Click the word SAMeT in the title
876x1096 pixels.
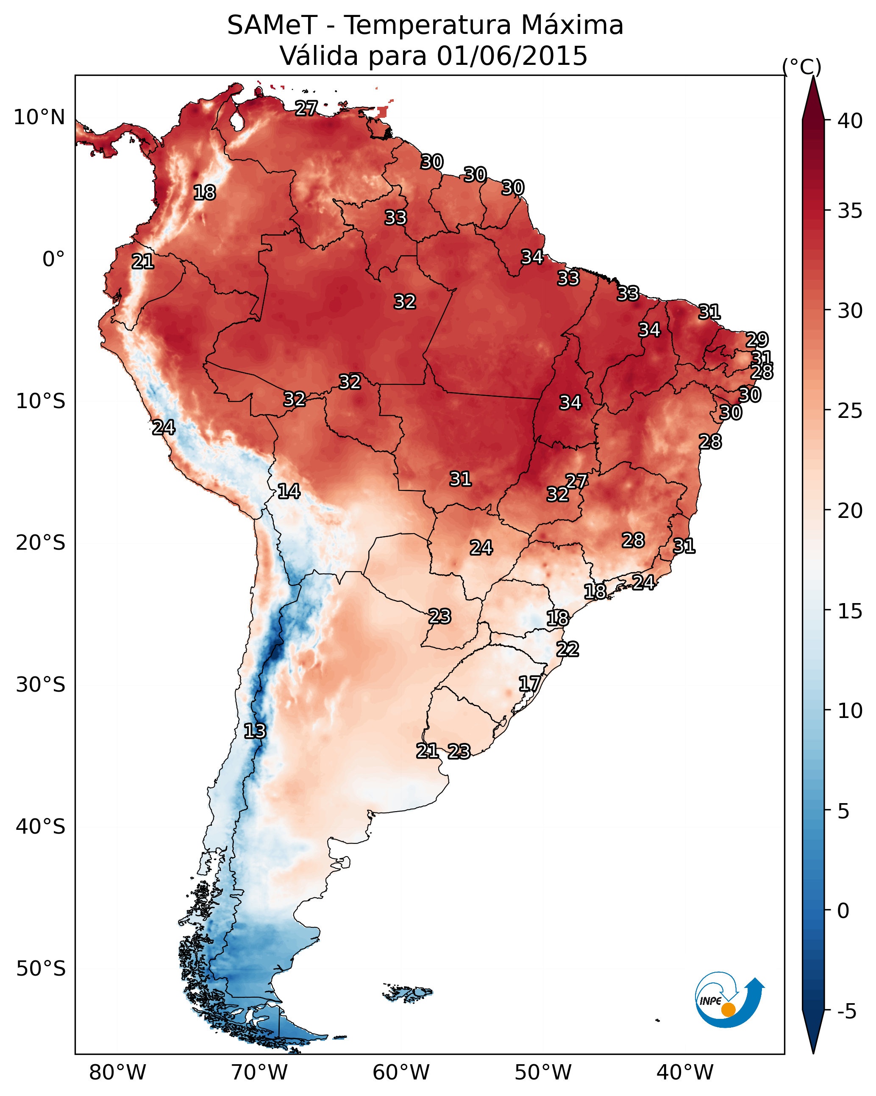[x=272, y=25]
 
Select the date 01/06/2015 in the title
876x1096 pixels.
[x=512, y=56]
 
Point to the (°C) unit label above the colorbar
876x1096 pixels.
[x=802, y=67]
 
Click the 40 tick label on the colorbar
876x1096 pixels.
[x=850, y=121]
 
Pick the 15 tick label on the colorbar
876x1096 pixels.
[x=850, y=611]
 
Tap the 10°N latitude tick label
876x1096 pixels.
[x=39, y=117]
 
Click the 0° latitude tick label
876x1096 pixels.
[x=53, y=259]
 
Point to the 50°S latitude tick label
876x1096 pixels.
[x=41, y=968]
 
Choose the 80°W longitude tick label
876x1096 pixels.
[x=117, y=1073]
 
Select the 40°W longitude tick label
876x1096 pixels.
[x=685, y=1073]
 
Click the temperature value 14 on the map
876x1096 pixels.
[x=289, y=491]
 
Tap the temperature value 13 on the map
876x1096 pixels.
[x=255, y=731]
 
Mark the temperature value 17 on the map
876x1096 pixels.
[x=529, y=683]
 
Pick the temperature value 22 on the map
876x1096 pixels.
[x=567, y=649]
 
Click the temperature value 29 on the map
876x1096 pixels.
[x=756, y=339]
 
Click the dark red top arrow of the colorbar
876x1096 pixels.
[x=813, y=99]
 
